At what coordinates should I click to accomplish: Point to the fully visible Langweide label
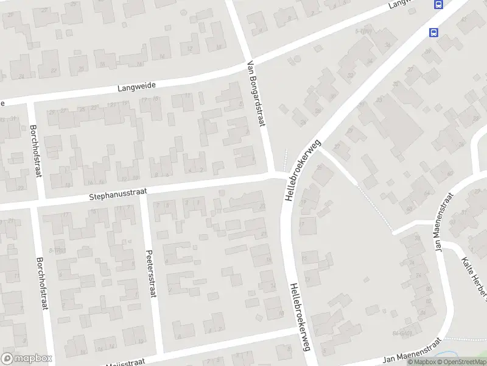coord(135,88)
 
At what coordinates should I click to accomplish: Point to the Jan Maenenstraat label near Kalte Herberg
coord(443,222)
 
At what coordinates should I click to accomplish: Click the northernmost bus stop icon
coord(438,4)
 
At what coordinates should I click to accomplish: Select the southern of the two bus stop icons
coord(433,32)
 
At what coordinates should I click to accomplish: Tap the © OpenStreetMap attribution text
coord(461,362)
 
